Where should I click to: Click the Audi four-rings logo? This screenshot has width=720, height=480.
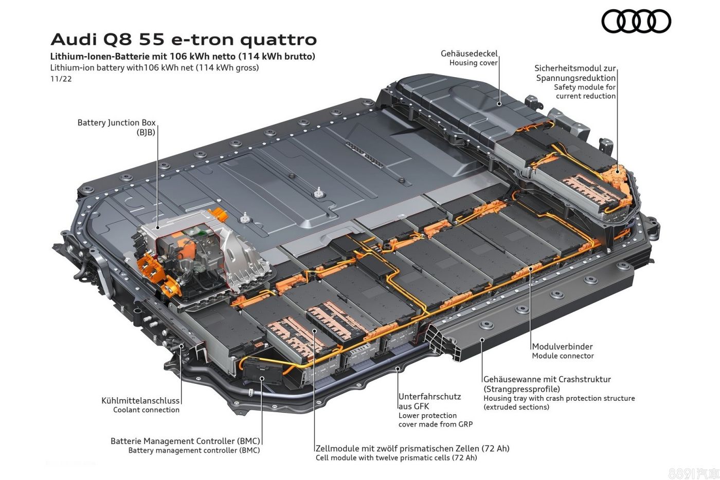coord(636,22)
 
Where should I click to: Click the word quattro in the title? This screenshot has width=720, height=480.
coord(278,40)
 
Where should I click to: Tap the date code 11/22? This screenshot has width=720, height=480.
coord(61,79)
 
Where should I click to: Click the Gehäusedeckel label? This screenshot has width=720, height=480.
coord(469,54)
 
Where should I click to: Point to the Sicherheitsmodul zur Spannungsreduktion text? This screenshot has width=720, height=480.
coord(575,73)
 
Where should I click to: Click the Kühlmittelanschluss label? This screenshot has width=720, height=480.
coord(140,401)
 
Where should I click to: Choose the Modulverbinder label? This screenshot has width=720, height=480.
coord(562,347)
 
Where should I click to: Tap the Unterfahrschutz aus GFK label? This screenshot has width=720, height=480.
coord(429,401)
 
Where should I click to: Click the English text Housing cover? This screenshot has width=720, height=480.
coord(473,63)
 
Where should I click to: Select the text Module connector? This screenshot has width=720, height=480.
coord(563,356)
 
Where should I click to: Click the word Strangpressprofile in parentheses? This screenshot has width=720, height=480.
coord(521,389)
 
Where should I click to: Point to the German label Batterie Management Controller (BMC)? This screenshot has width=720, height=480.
coord(185,441)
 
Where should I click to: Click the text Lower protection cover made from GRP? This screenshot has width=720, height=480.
coord(435,420)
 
